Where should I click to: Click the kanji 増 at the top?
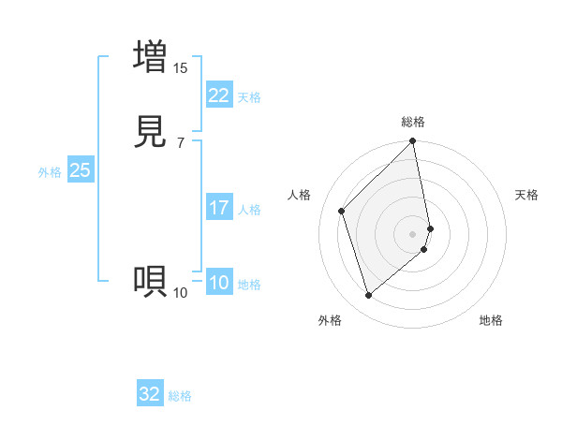coord(150,56)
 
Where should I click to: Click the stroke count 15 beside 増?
coord(180,67)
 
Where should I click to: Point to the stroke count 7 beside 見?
coord(180,142)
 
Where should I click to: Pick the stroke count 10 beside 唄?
coord(180,293)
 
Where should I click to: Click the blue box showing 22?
coord(218,95)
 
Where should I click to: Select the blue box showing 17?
coord(218,208)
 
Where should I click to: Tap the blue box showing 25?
coord(80,170)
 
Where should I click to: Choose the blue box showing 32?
coord(150,394)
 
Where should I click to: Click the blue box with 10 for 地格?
coord(218,283)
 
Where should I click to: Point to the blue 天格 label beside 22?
coord(249,97)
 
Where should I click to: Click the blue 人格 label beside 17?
coord(249,210)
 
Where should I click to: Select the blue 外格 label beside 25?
coord(50,172)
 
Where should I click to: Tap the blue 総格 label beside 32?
coord(180,396)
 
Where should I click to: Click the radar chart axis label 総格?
coord(413,122)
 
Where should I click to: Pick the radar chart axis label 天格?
coord(526,195)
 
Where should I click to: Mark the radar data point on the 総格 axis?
coord(413,142)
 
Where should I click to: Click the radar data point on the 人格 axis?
coord(342,211)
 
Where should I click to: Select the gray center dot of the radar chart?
coord(413,233)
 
